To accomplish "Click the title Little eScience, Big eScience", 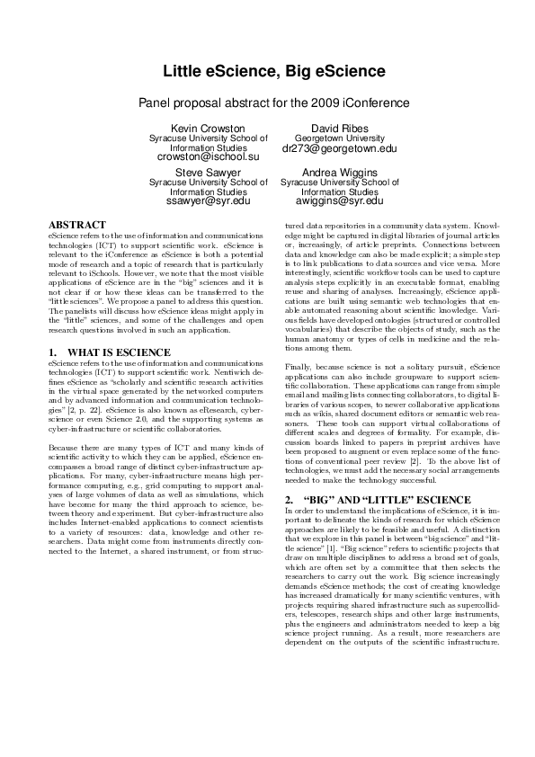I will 267,71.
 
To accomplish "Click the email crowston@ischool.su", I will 209,156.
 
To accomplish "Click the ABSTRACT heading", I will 77,224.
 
